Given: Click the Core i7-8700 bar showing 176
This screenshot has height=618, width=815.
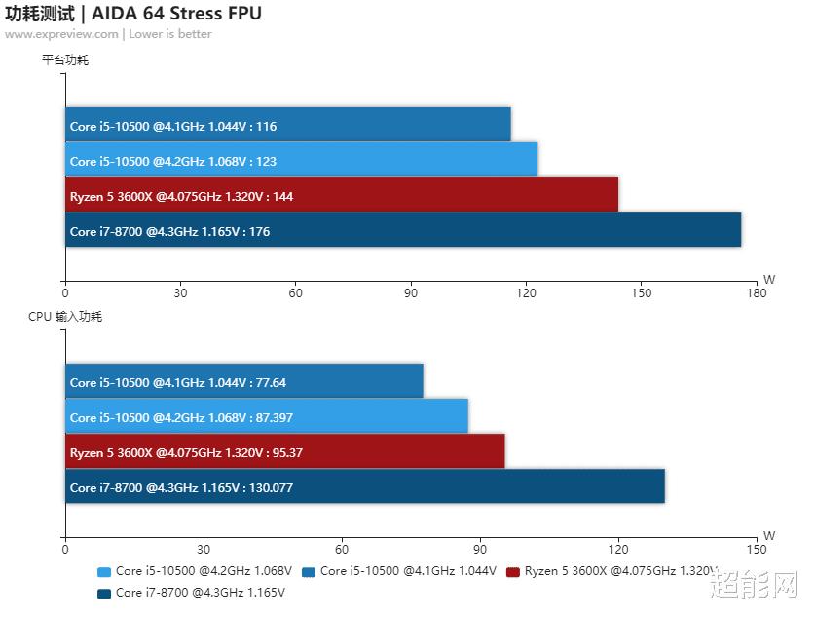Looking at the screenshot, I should (403, 231).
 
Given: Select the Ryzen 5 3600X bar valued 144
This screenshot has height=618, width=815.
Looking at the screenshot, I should (342, 195).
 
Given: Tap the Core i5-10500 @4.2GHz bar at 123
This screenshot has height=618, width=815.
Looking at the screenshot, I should (302, 160).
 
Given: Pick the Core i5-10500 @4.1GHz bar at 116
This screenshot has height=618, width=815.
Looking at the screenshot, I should (288, 125).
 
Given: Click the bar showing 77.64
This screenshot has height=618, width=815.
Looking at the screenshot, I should (244, 382).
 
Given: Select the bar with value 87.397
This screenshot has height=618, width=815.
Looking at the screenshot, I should (267, 417).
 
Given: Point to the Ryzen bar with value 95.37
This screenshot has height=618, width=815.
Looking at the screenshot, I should (285, 452).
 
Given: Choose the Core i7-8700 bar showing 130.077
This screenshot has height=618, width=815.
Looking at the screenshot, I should (365, 487).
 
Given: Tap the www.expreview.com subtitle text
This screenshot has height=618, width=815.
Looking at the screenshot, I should (61, 34).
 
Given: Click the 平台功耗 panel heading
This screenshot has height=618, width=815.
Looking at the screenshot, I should (65, 60).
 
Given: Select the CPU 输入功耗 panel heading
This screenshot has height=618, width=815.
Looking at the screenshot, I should (65, 317).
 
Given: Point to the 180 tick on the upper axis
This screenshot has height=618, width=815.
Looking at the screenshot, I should (756, 292).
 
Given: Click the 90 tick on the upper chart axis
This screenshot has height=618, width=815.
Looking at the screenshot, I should (411, 292).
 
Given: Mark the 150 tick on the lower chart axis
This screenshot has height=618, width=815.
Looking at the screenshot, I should (756, 549).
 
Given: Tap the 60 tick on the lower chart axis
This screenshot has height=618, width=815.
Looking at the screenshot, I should (341, 549).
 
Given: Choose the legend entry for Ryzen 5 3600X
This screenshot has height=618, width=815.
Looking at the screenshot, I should (613, 571).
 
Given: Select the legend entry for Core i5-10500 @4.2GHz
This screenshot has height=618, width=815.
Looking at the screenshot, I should (195, 571).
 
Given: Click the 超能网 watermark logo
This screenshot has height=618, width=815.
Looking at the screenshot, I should (754, 585).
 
